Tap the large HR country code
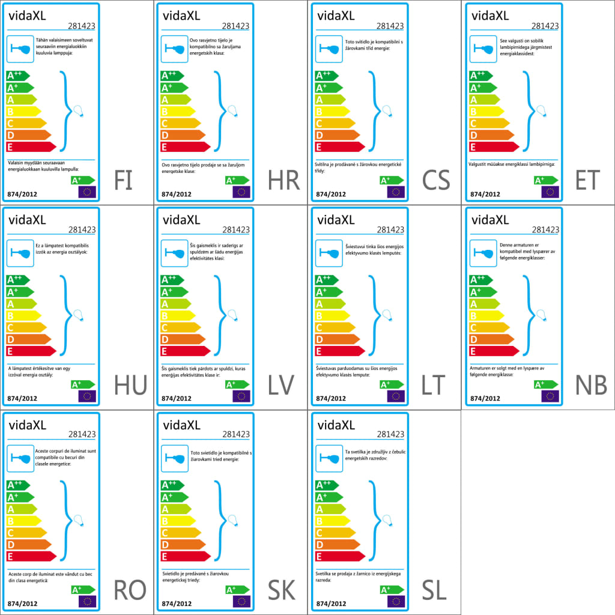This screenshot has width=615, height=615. click(x=284, y=181)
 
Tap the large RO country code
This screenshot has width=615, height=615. click(x=130, y=590)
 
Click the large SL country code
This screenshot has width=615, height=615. click(x=434, y=590)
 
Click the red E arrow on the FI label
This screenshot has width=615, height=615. click(x=30, y=147)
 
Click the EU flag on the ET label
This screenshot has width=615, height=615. click(x=550, y=192)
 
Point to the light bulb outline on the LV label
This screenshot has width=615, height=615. click(x=232, y=315)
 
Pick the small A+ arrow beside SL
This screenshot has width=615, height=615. click(x=392, y=590)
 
